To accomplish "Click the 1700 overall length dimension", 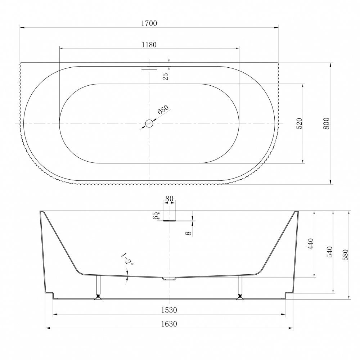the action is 149,23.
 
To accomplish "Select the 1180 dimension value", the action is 149,45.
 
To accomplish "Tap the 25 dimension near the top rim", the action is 166,76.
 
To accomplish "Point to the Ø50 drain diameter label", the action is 163,110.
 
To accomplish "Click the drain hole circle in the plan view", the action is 149,123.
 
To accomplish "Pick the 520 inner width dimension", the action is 300,123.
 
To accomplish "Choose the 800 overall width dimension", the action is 326,123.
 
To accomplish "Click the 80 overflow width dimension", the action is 169,199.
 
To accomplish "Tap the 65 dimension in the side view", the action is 156,216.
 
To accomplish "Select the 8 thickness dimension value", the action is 188,233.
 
